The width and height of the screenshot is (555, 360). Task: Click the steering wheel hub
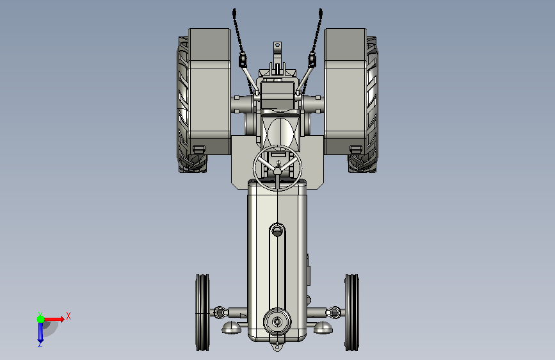(x=278, y=171)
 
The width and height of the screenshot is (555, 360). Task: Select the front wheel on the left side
(x=202, y=313)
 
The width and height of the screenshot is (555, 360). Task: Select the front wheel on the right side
(x=352, y=313)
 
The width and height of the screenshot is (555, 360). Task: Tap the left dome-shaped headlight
(x=232, y=327)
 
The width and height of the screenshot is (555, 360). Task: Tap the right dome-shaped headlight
(x=323, y=327)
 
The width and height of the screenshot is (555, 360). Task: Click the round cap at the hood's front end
(x=277, y=322)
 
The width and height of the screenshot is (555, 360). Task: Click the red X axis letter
(x=68, y=316)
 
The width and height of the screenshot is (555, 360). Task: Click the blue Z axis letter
(x=40, y=344)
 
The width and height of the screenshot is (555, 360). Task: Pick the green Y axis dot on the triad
(x=41, y=319)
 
